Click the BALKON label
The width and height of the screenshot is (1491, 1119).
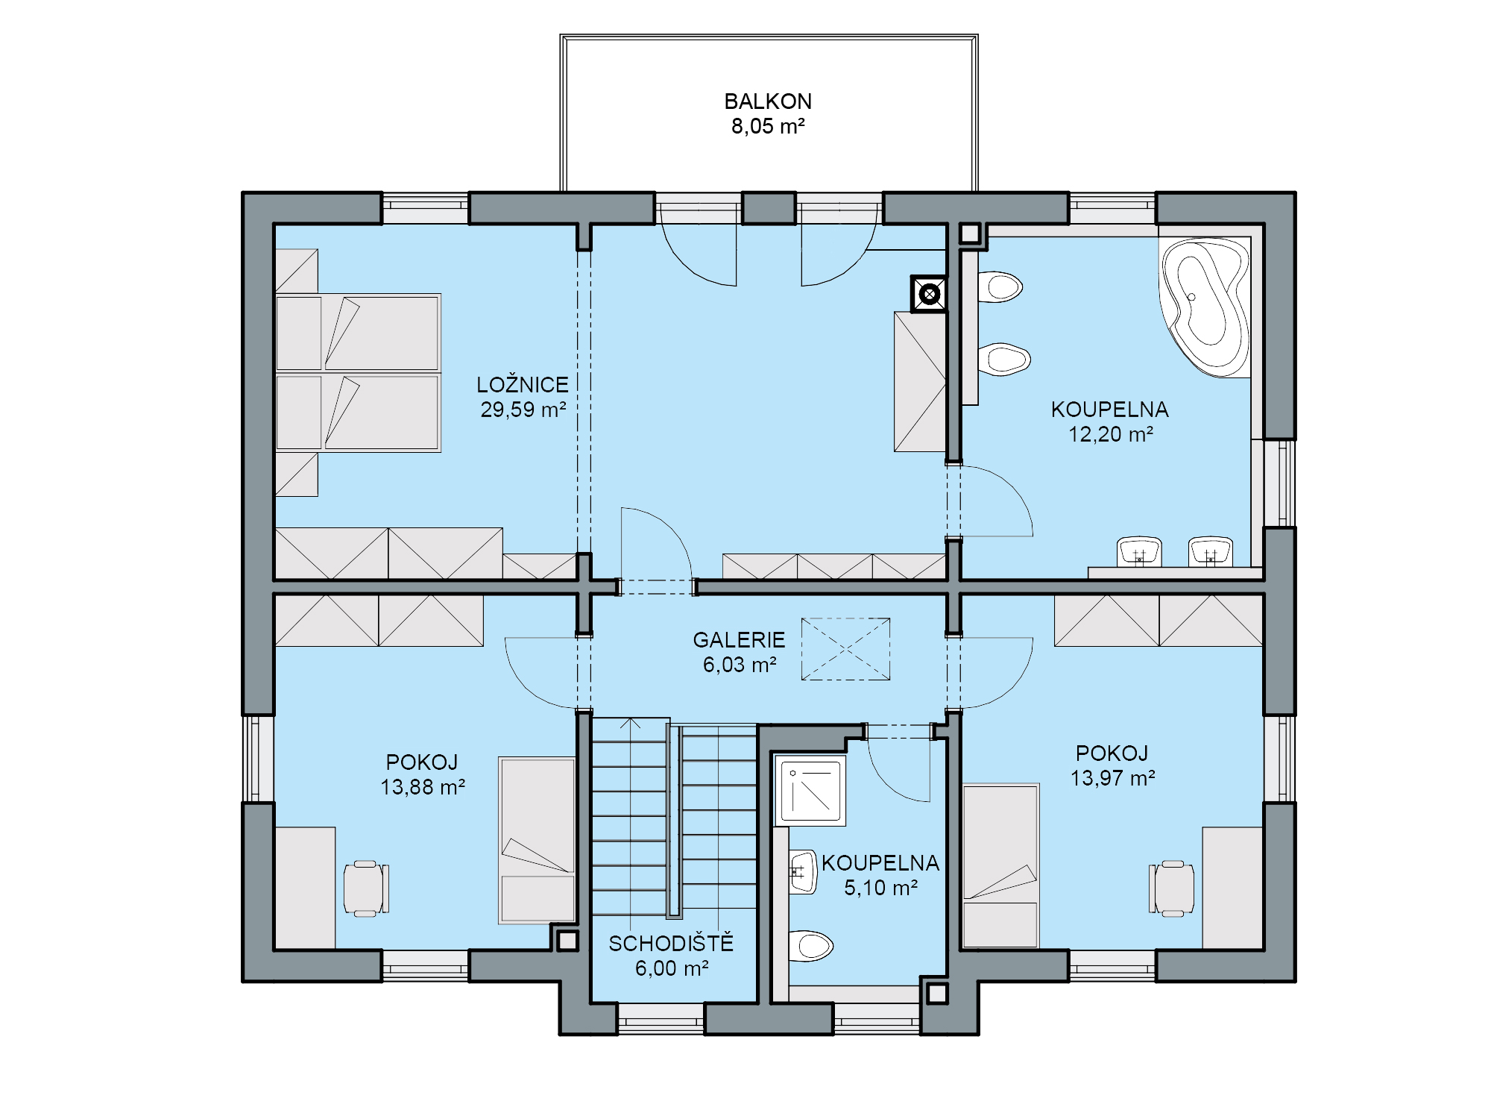point(768,101)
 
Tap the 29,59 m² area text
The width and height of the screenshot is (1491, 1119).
point(523,410)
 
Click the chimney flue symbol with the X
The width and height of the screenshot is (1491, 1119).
point(929,294)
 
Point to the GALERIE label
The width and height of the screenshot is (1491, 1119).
point(739,640)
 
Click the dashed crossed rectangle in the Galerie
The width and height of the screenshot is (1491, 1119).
point(845,649)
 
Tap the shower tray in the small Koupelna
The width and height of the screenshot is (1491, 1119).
point(810,790)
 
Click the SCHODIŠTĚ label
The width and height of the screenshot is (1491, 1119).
point(671,943)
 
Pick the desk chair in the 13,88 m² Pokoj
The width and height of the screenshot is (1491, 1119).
point(366,888)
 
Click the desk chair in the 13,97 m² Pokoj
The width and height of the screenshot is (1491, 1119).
point(1171,888)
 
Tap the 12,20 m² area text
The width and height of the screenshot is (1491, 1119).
point(1111,434)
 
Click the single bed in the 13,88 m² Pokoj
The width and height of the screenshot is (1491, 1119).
point(537,840)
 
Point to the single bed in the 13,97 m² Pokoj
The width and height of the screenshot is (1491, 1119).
point(1000,865)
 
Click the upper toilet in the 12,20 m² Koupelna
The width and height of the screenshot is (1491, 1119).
point(1000,286)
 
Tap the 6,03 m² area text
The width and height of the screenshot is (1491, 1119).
point(740,665)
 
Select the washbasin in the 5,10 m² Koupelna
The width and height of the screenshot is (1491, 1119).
point(804,871)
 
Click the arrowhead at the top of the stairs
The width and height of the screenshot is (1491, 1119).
point(631,722)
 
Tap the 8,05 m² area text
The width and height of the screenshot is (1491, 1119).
point(768,126)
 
